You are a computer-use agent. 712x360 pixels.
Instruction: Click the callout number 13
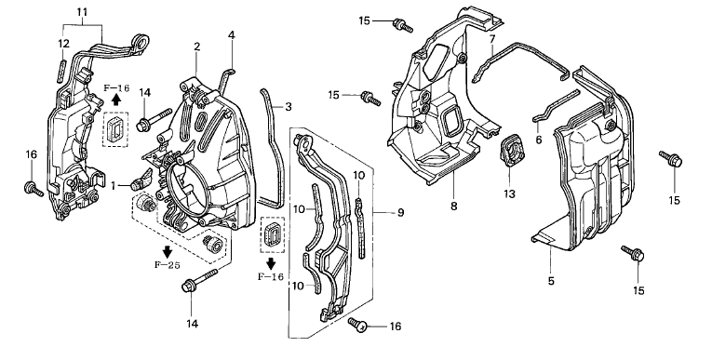(x=509, y=193)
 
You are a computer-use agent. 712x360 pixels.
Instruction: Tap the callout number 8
(x=453, y=207)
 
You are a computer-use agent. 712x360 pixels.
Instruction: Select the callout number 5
(x=551, y=281)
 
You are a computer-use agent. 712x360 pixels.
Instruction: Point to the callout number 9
(x=400, y=212)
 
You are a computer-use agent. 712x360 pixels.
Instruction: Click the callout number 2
(x=196, y=47)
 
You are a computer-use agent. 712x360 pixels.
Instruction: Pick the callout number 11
(x=82, y=11)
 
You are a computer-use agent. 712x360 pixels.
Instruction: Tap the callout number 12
(x=63, y=44)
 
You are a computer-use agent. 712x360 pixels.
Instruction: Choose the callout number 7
(x=492, y=39)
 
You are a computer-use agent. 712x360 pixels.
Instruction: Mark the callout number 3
(x=289, y=107)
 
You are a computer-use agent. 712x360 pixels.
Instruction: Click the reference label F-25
(x=168, y=265)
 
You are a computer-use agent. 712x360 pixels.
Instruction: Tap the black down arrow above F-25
(x=168, y=251)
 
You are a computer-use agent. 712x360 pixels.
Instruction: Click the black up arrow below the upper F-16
(x=116, y=99)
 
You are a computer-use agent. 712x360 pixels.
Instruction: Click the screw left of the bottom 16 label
(x=357, y=324)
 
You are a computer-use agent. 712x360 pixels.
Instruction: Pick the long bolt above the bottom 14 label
(x=199, y=281)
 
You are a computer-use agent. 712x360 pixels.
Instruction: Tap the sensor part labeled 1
(x=141, y=179)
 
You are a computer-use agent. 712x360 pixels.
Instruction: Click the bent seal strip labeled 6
(x=555, y=106)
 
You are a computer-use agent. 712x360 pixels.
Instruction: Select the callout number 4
(x=232, y=35)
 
